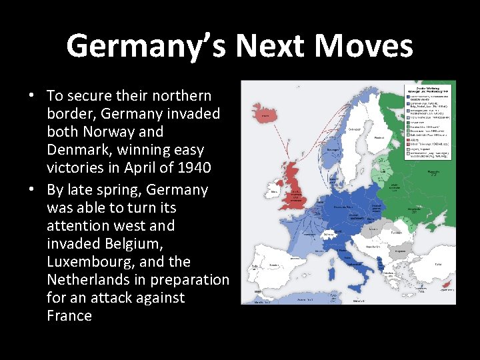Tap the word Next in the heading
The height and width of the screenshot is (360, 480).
pyautogui.click(x=270, y=47)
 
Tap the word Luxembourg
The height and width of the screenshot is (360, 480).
pyautogui.click(x=91, y=262)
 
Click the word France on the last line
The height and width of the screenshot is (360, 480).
pyautogui.click(x=69, y=316)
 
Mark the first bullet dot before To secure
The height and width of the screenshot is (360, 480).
pyautogui.click(x=31, y=96)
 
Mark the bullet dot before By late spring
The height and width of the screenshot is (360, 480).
pyautogui.click(x=31, y=190)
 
